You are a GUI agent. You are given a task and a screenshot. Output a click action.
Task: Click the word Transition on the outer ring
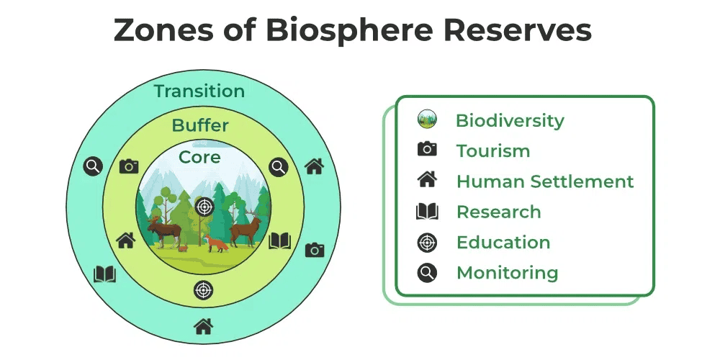pos(199,91)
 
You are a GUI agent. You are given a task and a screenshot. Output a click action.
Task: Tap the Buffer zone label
pos(200,126)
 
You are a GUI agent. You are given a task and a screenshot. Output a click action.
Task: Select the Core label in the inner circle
pos(199,157)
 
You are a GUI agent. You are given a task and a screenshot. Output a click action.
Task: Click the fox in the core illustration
pos(216,243)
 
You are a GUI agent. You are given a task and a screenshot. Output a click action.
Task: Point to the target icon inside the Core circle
pos(204,207)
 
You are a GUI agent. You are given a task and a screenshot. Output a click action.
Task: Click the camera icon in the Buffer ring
pos(129,166)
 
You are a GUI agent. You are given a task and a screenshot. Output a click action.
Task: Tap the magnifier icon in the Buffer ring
pos(279,167)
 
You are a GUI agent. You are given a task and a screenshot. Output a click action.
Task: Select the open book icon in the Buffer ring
pos(279,240)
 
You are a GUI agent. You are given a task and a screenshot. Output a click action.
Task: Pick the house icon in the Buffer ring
pos(126,240)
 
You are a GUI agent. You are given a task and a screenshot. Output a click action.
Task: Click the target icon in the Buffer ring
pos(204,289)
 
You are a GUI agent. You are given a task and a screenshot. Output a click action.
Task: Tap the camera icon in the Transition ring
pos(315,250)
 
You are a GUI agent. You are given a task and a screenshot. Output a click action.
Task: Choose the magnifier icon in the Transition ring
pos(93,166)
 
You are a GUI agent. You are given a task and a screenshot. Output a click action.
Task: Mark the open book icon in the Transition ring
pos(105,274)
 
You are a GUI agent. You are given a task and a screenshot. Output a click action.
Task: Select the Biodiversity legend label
pos(510,120)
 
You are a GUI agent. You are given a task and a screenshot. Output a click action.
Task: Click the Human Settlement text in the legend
pos(545,181)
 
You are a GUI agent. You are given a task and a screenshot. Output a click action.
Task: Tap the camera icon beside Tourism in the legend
pos(427,149)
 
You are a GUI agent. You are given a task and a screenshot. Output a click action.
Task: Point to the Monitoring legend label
pos(507,273)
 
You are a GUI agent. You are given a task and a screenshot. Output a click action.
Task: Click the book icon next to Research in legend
pos(427,212)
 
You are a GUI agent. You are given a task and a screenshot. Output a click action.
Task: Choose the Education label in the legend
pos(503,243)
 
